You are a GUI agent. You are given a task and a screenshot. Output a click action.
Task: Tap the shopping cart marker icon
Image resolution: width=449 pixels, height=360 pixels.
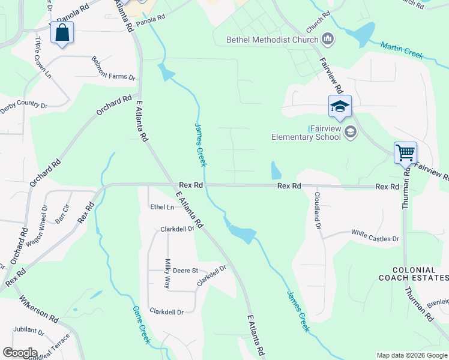405,152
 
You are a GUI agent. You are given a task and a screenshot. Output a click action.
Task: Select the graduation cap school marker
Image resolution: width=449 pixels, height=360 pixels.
340,107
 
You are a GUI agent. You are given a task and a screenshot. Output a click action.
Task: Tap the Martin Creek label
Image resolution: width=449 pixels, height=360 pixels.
402,50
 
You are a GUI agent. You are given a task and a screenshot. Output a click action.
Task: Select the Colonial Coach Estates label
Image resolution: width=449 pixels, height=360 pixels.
414,274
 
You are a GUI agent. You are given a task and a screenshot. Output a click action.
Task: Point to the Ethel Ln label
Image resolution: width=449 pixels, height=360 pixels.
161,207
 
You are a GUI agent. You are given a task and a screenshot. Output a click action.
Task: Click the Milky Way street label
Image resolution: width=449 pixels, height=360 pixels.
168,274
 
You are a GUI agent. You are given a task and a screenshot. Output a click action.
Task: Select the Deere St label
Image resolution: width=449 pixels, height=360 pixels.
185,271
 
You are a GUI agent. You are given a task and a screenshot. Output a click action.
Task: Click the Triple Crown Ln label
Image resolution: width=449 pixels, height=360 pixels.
43,58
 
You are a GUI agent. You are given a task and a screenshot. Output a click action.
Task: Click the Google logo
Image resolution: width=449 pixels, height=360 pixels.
20,353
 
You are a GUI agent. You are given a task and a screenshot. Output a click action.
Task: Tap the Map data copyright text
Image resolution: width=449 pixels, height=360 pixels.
411,355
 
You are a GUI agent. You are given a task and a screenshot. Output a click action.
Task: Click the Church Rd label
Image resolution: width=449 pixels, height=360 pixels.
318,22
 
